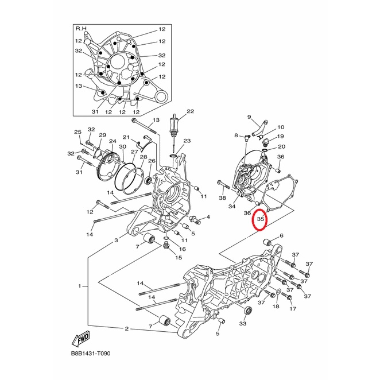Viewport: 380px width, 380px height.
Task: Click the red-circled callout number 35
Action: click(x=260, y=219)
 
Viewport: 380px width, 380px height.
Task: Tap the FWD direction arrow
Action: click(x=81, y=338)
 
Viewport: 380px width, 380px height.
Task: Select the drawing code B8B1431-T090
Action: click(x=91, y=354)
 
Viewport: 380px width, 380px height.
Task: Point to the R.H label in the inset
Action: click(x=81, y=29)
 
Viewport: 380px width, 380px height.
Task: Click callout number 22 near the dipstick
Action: click(x=191, y=111)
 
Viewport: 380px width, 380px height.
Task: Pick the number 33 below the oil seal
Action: click(x=243, y=324)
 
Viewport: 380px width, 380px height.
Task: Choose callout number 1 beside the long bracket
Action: click(x=79, y=286)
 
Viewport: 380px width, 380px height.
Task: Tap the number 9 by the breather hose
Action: click(x=249, y=117)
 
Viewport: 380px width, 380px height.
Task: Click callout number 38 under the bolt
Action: click(x=222, y=198)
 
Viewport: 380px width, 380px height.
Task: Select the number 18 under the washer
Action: click(x=276, y=307)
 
